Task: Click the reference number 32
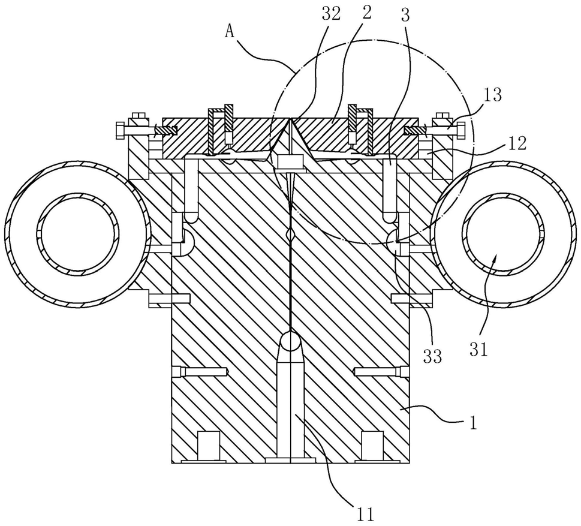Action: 331,14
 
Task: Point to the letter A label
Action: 230,32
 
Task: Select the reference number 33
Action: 432,356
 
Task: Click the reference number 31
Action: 478,349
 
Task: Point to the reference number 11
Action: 365,514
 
